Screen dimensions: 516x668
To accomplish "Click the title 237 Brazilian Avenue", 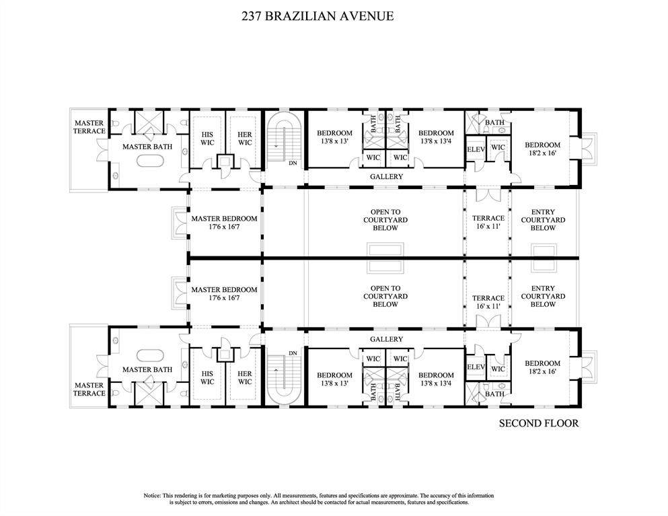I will pos(318,16).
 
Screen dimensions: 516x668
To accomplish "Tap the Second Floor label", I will pos(538,423).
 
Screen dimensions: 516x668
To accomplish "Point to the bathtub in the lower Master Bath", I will pos(147,355).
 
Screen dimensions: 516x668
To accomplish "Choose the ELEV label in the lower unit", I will pos(476,367).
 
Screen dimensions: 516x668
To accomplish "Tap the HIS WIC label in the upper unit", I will pos(207,138).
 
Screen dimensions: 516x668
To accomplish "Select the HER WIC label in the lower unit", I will pos(244,377).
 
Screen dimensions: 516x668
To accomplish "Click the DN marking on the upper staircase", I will pos(292,163).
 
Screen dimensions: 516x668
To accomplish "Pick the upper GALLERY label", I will pos(386,177).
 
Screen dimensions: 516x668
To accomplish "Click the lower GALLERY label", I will pos(386,339).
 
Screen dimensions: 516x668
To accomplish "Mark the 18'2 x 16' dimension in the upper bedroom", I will pos(542,153).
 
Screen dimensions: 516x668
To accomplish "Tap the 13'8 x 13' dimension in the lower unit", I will pos(334,383).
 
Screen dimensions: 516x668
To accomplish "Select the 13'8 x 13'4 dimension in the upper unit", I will pos(436,141).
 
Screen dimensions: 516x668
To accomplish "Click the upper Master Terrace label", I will pos(89,126).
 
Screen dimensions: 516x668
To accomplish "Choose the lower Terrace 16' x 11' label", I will pos(488,302).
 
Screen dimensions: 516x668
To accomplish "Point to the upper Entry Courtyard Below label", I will pos(543,220).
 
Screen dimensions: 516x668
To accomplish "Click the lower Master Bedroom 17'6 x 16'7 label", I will pos(224,293).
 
